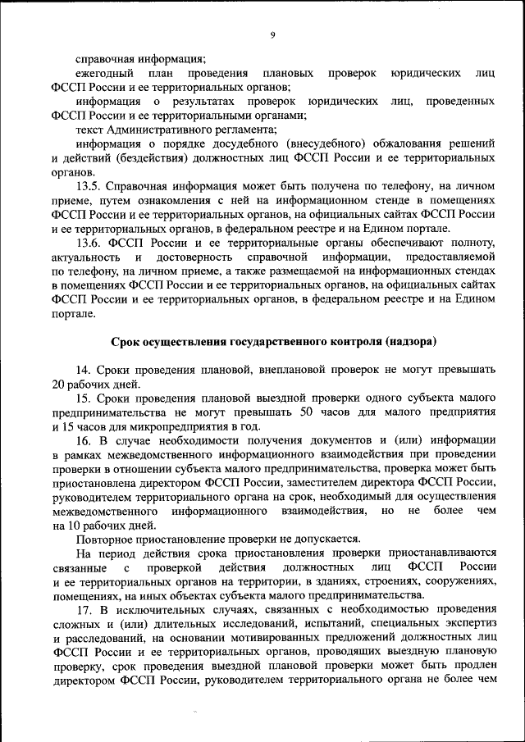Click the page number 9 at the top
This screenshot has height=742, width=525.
(x=272, y=34)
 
